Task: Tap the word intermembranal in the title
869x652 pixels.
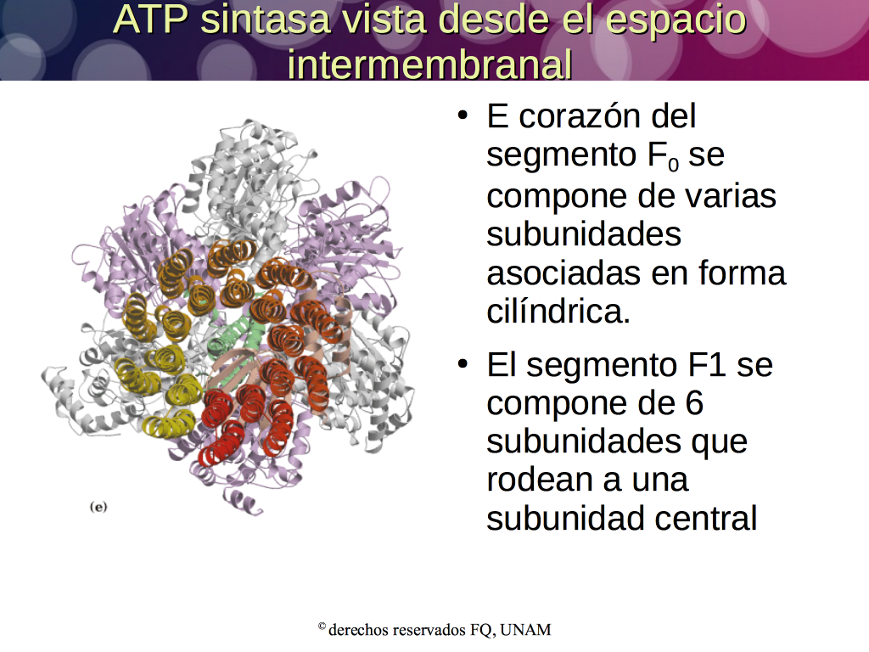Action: click(x=429, y=64)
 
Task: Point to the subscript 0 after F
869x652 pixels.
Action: click(x=673, y=165)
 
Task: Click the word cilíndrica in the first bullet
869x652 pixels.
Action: click(x=558, y=311)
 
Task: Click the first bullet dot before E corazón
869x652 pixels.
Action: click(x=463, y=115)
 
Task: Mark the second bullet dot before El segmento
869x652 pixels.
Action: click(x=463, y=363)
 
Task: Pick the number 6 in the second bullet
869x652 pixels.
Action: click(x=694, y=403)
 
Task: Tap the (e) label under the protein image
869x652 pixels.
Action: click(x=98, y=507)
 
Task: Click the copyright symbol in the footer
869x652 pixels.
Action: click(x=322, y=627)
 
